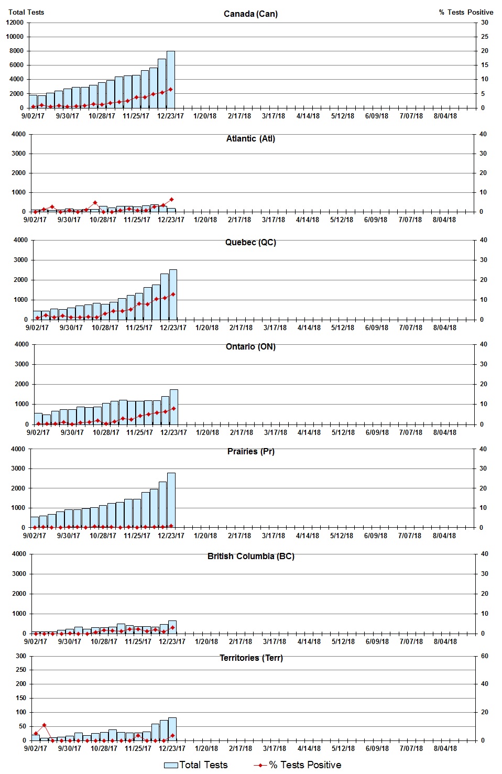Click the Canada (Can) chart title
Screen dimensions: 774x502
[250, 14]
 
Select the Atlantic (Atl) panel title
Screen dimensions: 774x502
[250, 138]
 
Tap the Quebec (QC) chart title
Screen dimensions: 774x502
[250, 242]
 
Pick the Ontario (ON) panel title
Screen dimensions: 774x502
[250, 346]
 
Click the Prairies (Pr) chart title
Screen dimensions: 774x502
[250, 451]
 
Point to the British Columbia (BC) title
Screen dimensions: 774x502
[250, 556]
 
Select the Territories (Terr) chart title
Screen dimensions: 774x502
[250, 658]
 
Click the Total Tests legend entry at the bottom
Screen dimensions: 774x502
[196, 765]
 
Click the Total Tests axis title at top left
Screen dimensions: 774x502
[26, 12]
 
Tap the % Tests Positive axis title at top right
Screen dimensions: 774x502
[466, 12]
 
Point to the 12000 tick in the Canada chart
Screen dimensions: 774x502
[15, 23]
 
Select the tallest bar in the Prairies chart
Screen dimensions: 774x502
[171, 500]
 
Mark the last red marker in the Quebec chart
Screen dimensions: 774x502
[173, 294]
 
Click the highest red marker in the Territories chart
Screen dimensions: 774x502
[44, 725]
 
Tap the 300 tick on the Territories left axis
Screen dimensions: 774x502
[20, 656]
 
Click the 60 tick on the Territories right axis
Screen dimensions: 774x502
[484, 656]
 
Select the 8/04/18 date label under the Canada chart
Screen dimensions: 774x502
[445, 116]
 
